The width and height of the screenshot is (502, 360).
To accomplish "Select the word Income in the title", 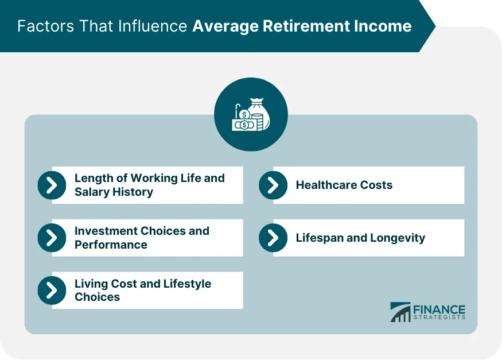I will (387, 26).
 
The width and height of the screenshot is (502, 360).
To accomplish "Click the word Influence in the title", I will (154, 26).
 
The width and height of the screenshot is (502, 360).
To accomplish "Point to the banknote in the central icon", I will (243, 124).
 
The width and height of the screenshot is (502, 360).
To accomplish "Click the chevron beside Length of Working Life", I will (52, 185).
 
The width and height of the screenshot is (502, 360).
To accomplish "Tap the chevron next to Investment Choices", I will (52, 238).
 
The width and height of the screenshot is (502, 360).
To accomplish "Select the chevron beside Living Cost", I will (52, 291).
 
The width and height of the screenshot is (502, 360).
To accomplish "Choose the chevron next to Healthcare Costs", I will (273, 185).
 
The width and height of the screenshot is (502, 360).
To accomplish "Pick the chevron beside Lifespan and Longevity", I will (273, 238).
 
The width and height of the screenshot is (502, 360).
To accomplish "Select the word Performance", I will (111, 245).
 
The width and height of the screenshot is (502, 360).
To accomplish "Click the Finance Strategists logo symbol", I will (400, 312).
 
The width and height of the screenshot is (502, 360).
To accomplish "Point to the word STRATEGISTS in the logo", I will (439, 318).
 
